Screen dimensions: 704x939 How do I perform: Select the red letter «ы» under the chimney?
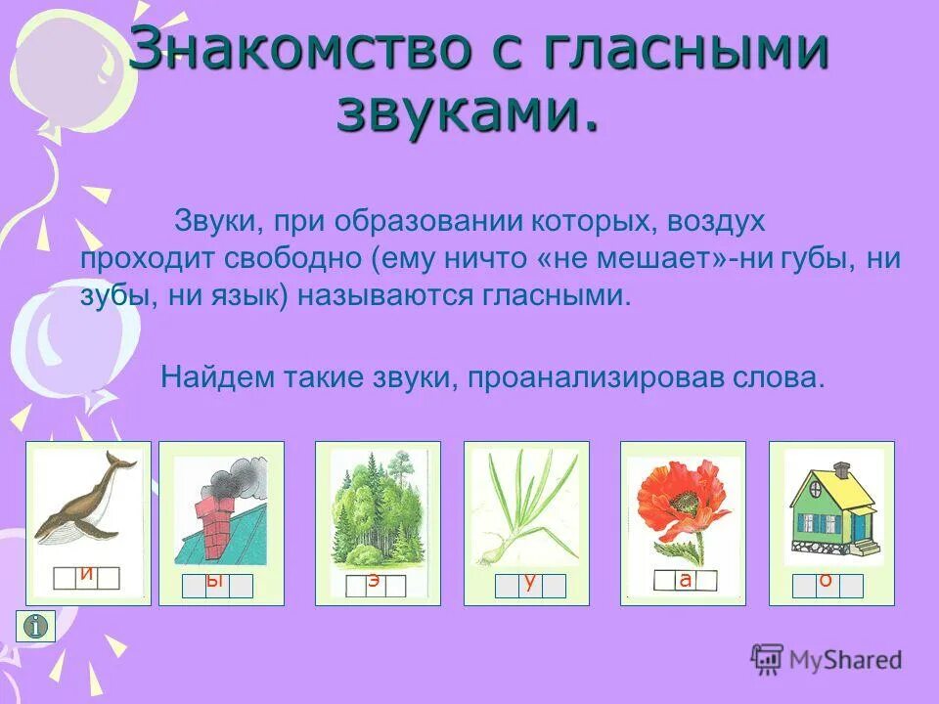(217, 584)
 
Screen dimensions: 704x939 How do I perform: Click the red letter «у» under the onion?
(529, 585)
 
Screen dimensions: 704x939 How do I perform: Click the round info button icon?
(36, 626)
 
